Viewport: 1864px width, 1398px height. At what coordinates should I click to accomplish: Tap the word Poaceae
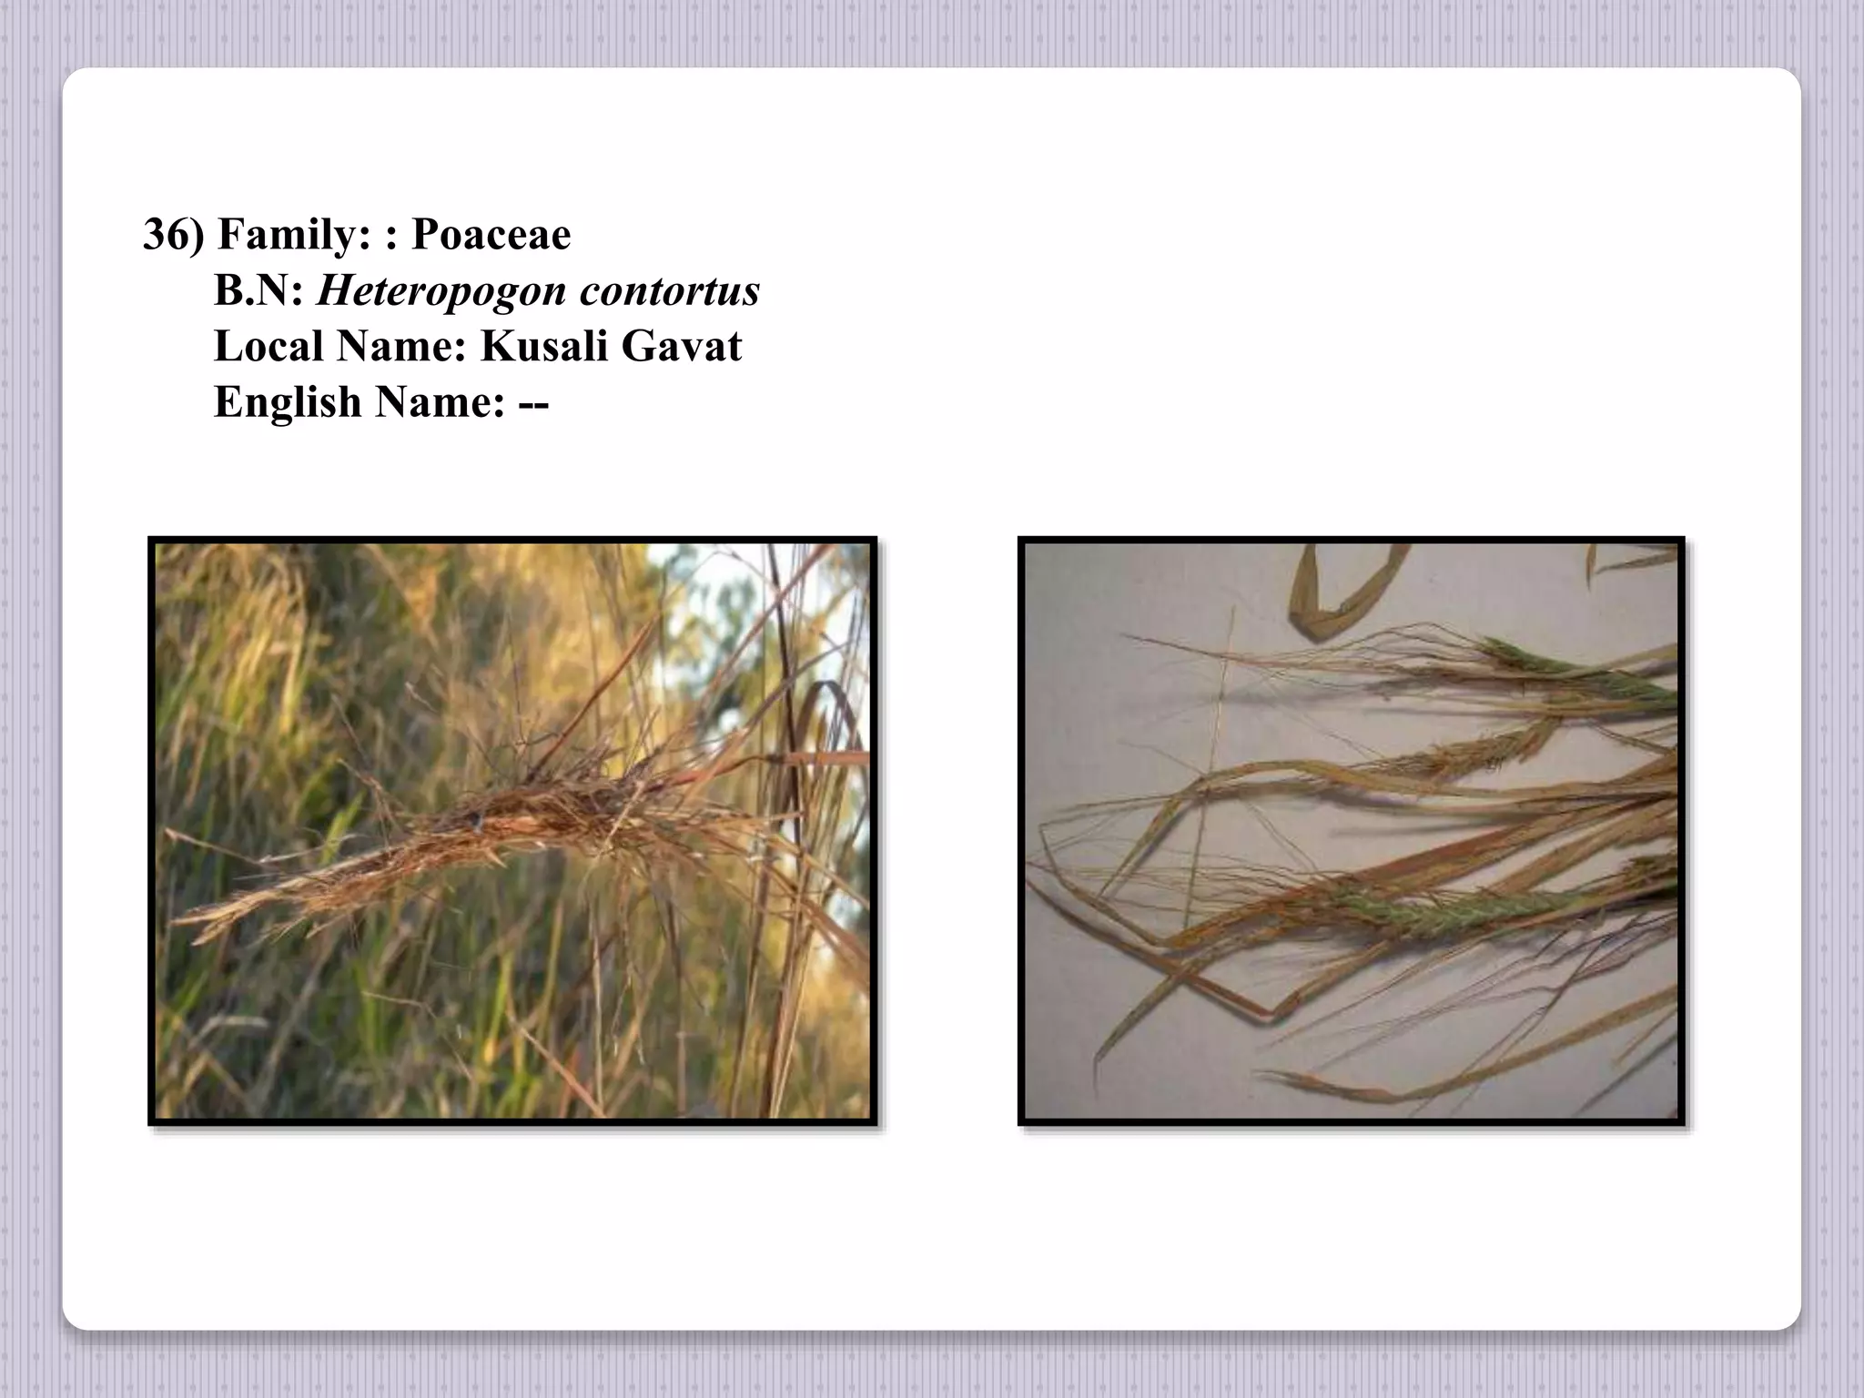(491, 235)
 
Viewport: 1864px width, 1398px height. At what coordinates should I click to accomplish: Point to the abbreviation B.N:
(258, 291)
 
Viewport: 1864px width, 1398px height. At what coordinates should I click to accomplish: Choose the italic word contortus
(669, 291)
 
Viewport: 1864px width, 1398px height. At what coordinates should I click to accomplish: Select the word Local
(268, 347)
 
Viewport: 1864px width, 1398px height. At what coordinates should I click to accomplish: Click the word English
(288, 402)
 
